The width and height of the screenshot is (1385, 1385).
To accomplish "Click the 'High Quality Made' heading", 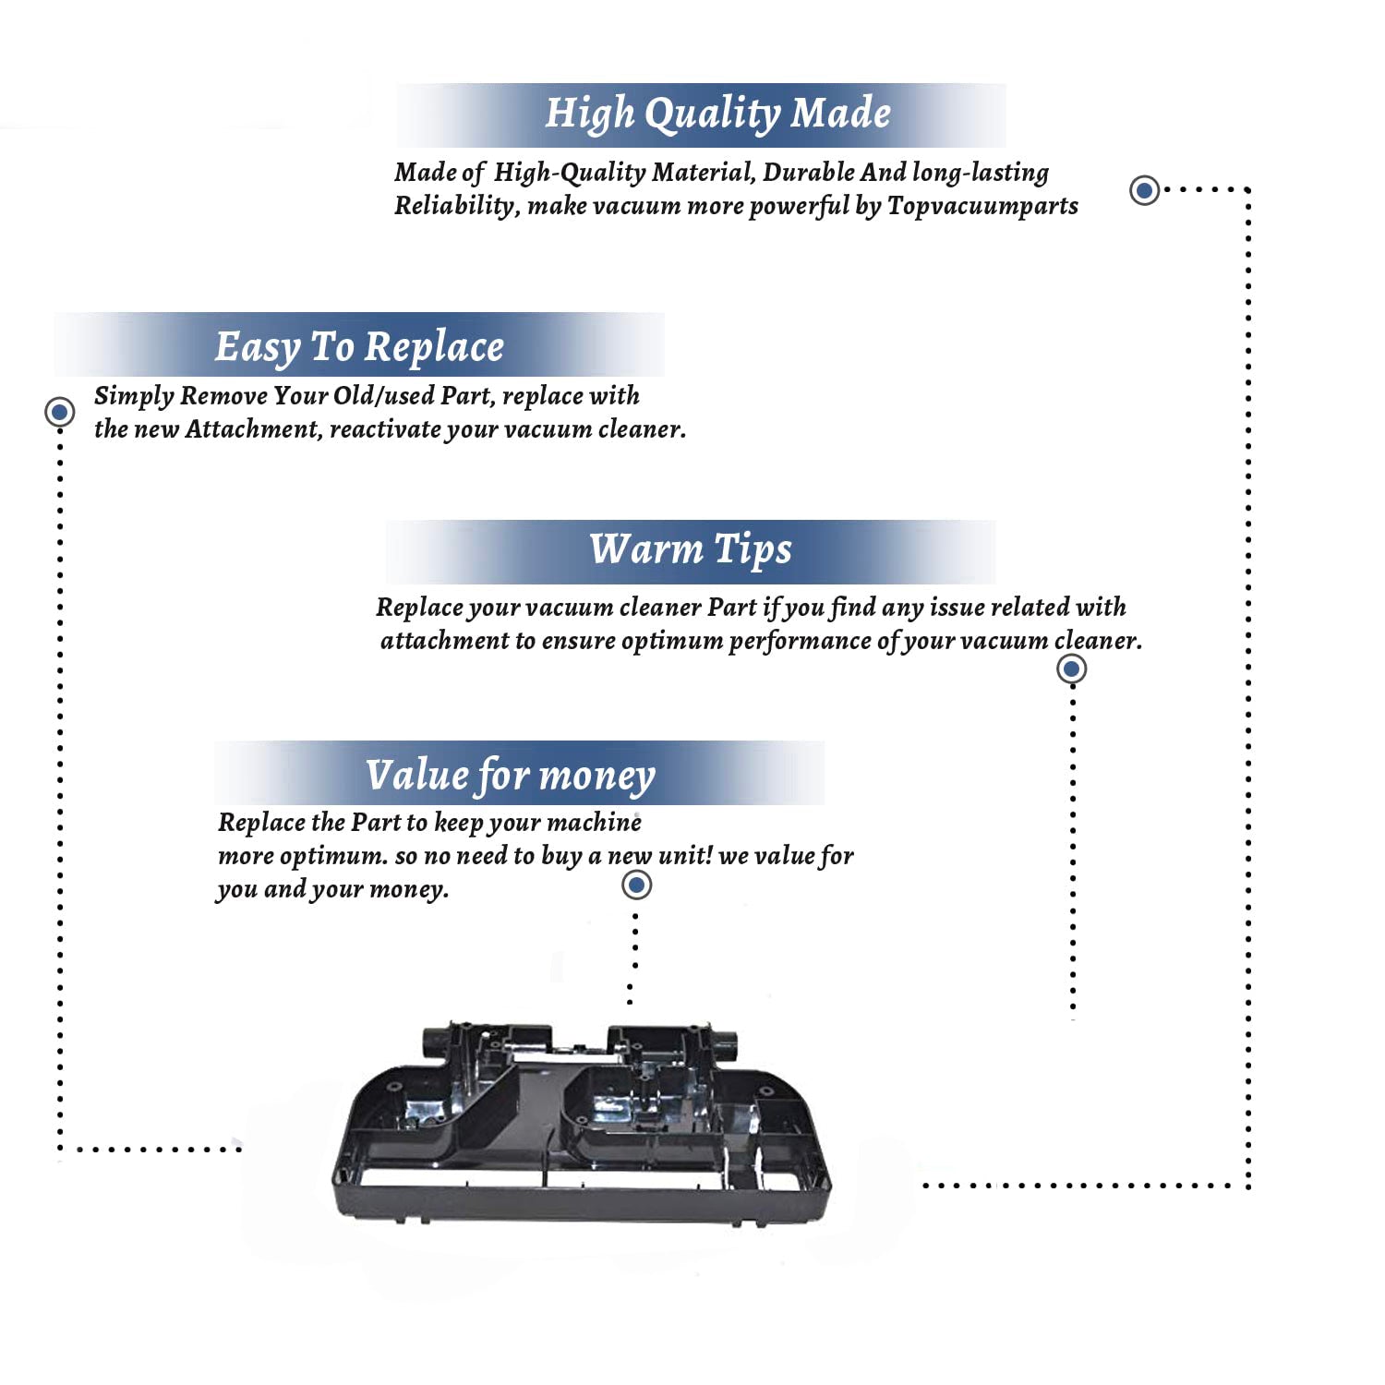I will [x=717, y=114].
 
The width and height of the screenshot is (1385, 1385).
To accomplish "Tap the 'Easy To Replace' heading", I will [x=359, y=347].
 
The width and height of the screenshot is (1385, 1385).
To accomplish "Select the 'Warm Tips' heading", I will [x=691, y=549].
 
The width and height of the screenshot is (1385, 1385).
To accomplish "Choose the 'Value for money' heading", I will [x=510, y=775].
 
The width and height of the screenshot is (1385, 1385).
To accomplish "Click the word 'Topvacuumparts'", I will [x=982, y=205].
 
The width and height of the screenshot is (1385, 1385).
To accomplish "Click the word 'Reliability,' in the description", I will [x=456, y=205].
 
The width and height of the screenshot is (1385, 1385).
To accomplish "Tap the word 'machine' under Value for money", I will [x=595, y=822].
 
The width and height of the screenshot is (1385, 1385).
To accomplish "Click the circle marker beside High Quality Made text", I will [x=1145, y=190].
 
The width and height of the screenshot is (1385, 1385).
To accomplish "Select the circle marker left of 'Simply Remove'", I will [x=60, y=411].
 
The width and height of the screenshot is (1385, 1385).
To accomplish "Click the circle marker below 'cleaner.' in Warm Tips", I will [x=1071, y=668].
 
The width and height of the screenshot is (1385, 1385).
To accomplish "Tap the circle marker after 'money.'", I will [x=636, y=885].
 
